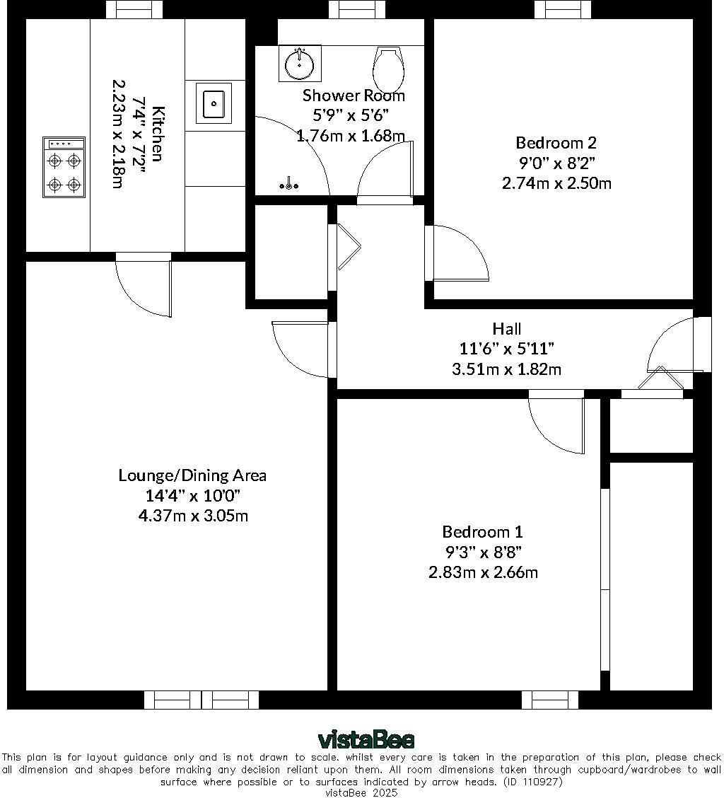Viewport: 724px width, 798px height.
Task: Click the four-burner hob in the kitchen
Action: (64, 167)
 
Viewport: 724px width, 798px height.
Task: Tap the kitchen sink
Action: (214, 104)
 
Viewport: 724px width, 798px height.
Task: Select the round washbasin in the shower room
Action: (300, 64)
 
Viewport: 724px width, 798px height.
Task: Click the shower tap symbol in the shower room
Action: (289, 186)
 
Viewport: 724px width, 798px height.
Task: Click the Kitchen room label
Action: (158, 133)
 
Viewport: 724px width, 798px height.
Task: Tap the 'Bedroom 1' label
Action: (482, 532)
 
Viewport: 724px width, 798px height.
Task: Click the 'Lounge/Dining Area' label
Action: (192, 475)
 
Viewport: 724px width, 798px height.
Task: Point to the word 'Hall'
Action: (507, 329)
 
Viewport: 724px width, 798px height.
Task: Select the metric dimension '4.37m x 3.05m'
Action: (192, 516)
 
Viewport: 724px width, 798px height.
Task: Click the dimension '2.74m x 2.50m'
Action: (556, 183)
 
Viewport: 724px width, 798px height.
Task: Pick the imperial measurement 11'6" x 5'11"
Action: (506, 349)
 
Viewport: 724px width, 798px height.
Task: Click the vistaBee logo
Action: (366, 740)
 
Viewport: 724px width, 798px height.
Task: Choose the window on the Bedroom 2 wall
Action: (563, 9)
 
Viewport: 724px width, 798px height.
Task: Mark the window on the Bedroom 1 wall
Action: (549, 700)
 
